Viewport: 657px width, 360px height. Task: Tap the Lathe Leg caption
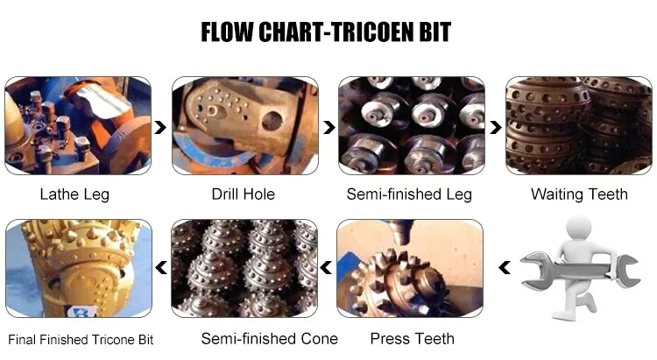coord(74,194)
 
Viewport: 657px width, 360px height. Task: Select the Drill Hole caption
coord(243,194)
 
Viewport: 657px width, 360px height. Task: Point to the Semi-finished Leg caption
coord(409,194)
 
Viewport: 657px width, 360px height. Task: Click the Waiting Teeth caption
coord(579,194)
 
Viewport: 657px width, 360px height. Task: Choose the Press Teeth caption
coord(413,339)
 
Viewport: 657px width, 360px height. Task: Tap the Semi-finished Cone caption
coord(270,339)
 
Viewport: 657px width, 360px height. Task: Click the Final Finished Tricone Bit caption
coord(81,340)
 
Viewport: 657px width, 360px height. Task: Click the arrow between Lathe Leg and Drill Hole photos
coord(160,127)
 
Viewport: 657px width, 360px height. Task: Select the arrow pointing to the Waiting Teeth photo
coord(496,127)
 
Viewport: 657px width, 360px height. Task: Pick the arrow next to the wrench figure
coord(505,267)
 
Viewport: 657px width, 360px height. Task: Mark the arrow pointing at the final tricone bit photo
coord(161,267)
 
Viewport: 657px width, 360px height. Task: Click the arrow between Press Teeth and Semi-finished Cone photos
coord(326,267)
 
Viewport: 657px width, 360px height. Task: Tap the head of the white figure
coord(579,229)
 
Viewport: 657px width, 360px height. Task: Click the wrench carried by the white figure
coord(580,271)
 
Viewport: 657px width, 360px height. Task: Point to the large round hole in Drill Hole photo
coord(272,121)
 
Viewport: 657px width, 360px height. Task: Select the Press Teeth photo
coord(410,268)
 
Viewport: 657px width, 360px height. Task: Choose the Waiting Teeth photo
coord(579,126)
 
